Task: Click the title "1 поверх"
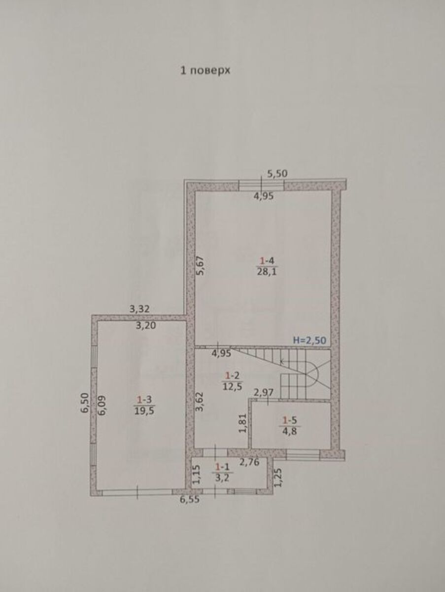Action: [205, 71]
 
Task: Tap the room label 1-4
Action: [267, 261]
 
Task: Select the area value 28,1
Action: [267, 271]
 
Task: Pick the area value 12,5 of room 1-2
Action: [233, 387]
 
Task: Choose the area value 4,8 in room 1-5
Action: [290, 431]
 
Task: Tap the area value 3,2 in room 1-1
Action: [223, 478]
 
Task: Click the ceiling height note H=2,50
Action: [309, 340]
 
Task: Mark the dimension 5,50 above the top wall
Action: [277, 174]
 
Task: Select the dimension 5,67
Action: [201, 265]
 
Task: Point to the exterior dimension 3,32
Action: [139, 309]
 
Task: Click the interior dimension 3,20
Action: [146, 326]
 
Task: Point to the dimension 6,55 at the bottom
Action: [190, 499]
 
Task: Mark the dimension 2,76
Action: [249, 462]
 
